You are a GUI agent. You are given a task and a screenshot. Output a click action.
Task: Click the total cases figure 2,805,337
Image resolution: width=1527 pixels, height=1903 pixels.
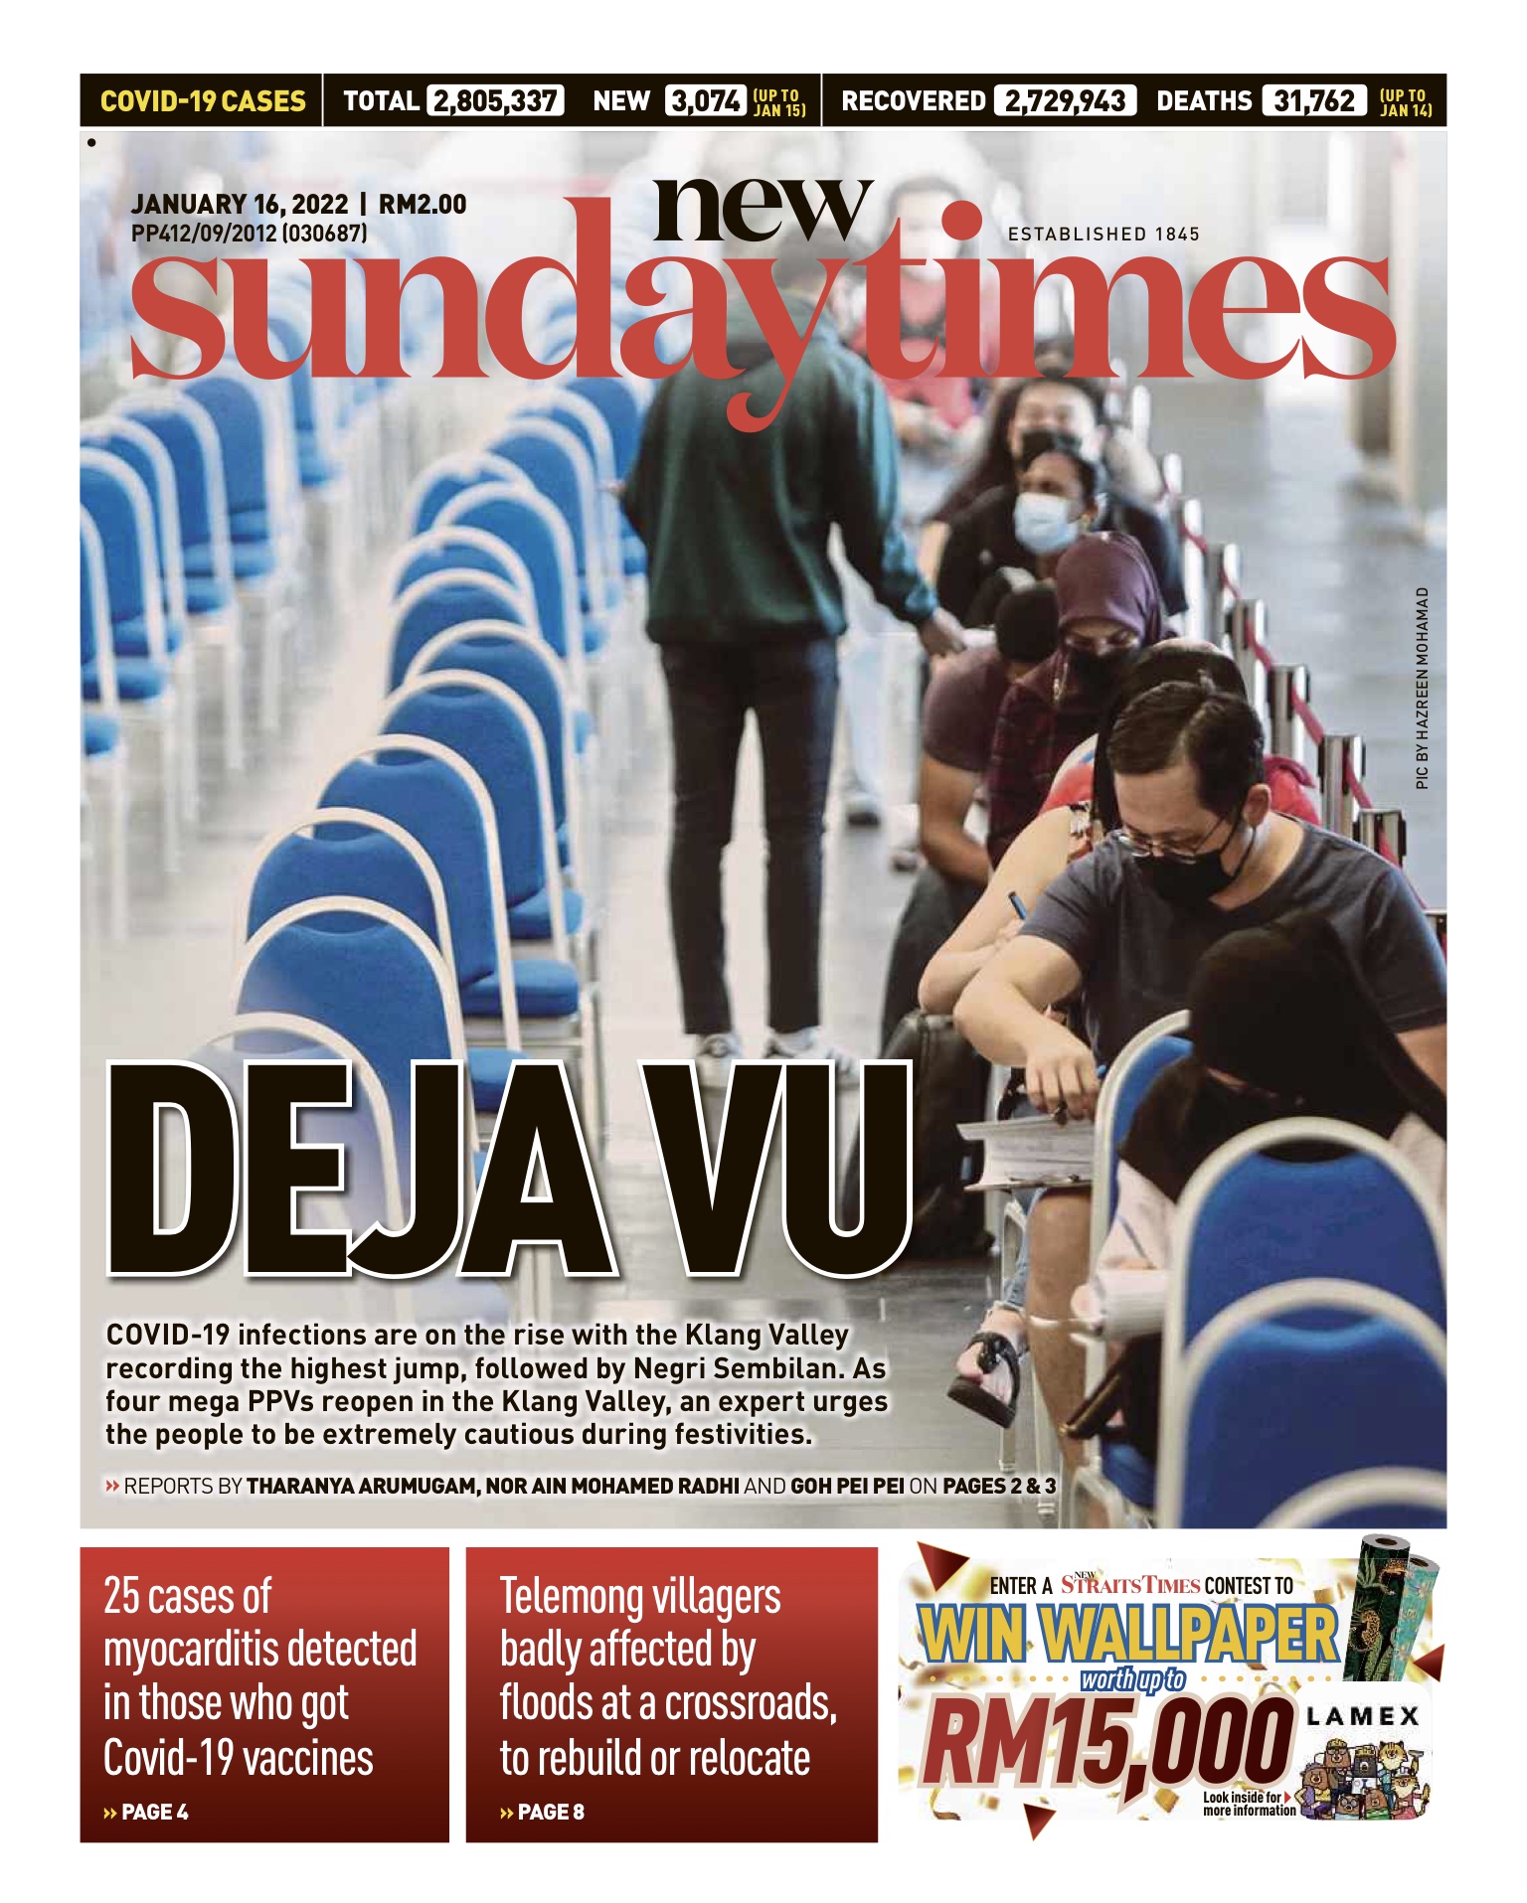point(495,101)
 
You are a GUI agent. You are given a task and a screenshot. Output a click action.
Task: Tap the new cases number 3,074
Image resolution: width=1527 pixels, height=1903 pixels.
point(705,101)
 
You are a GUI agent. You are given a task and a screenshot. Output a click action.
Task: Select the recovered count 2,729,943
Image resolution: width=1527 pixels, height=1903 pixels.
point(1064,101)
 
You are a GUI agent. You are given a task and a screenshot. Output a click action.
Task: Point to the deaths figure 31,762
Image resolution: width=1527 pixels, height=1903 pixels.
point(1314,101)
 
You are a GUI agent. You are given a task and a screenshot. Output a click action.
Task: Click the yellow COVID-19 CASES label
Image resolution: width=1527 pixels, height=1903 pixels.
point(203,101)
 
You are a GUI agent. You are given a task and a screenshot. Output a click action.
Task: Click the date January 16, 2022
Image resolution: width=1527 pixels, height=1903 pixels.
point(240,205)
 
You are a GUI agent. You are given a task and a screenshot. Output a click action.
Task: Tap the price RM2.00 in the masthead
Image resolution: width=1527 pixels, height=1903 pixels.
point(423,205)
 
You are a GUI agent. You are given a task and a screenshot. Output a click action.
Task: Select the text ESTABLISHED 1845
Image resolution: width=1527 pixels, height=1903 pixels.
point(1103,235)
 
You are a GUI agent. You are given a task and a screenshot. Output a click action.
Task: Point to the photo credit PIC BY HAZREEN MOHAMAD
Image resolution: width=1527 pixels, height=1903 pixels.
point(1423,689)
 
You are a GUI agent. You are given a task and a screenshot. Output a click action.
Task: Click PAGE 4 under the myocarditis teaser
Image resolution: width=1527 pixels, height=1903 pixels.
point(154,1813)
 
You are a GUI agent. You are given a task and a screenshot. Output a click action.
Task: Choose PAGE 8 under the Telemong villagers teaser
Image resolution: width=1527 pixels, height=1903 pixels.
point(551,1813)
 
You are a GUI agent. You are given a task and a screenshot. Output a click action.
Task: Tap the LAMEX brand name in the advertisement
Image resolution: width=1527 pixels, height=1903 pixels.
point(1362,1716)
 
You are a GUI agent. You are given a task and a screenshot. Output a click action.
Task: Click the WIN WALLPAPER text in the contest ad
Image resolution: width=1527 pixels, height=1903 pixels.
point(1128,1635)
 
